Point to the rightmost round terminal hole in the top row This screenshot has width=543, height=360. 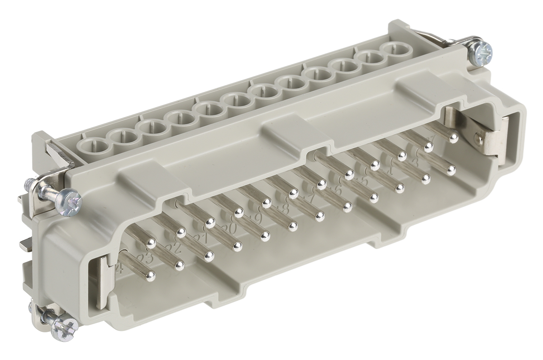pos(394,48)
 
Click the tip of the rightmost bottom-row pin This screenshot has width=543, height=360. pos(451,171)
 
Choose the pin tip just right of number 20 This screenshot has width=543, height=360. pos(237,246)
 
